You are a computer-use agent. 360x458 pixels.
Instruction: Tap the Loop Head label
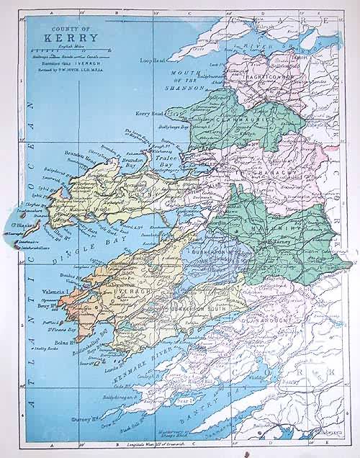tap(153, 60)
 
